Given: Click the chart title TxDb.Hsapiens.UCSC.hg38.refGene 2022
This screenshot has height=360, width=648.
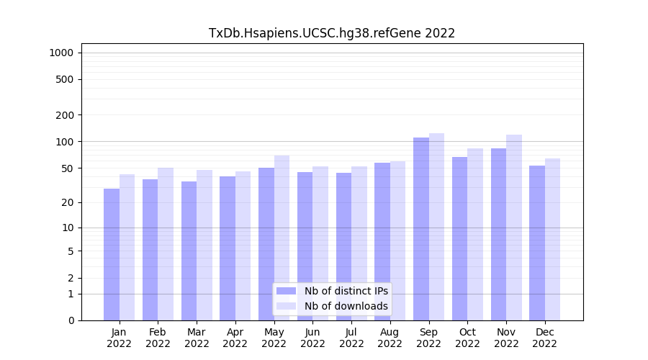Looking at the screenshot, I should coord(331,33).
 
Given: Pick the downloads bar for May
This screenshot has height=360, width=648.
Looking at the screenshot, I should coord(282,238).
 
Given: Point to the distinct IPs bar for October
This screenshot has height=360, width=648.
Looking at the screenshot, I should coord(459,238).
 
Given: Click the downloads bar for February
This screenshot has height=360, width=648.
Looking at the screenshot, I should coord(166,244).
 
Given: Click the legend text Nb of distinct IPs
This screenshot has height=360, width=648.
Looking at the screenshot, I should coord(346,291).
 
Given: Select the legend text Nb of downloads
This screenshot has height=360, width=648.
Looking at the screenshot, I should coord(346,306).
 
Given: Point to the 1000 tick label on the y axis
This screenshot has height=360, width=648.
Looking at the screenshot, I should coord(61,53).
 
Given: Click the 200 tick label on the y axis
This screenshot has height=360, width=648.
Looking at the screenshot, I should coord(65,115).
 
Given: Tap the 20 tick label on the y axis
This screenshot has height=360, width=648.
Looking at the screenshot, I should coord(68,202).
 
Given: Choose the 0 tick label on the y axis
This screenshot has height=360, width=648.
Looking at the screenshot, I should coord(71,320).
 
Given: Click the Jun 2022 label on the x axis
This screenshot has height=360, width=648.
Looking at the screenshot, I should coord(312,338).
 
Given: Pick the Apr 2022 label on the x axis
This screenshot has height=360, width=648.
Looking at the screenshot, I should coord(235,338).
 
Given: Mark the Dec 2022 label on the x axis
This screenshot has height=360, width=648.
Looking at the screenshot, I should coord(544,338).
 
